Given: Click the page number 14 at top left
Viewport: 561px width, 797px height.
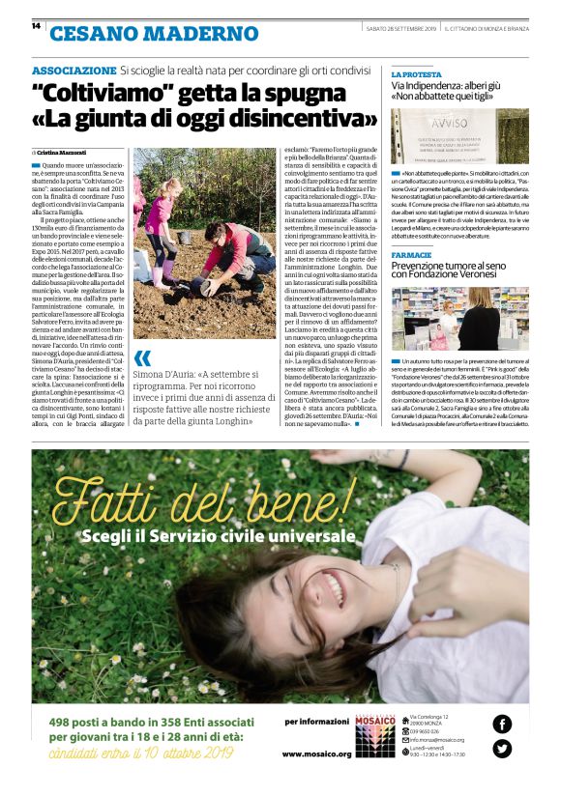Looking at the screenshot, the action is (36, 25).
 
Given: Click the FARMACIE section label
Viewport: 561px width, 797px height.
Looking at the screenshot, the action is (411, 255).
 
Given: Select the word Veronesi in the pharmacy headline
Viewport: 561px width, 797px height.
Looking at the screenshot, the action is (493, 275).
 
